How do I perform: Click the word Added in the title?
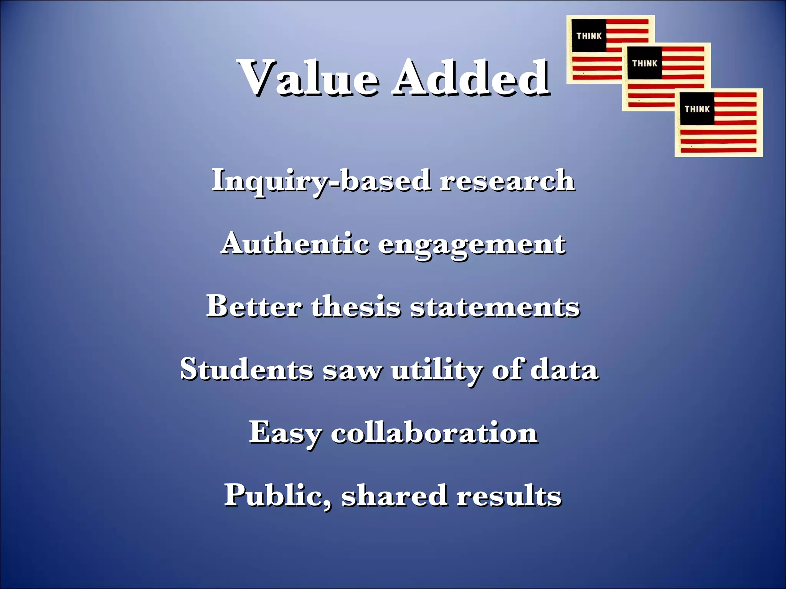[x=471, y=78]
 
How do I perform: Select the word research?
[x=507, y=180]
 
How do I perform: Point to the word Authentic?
[x=296, y=243]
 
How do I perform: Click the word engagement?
[x=472, y=245]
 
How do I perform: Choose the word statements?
[x=495, y=307]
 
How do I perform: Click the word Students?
[x=246, y=369]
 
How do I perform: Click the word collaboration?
[x=434, y=432]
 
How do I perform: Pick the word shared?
[x=394, y=495]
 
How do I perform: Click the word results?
[x=509, y=495]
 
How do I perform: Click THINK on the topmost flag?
[x=589, y=36]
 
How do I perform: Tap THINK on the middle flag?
[x=645, y=63]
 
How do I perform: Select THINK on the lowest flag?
[x=697, y=109]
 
